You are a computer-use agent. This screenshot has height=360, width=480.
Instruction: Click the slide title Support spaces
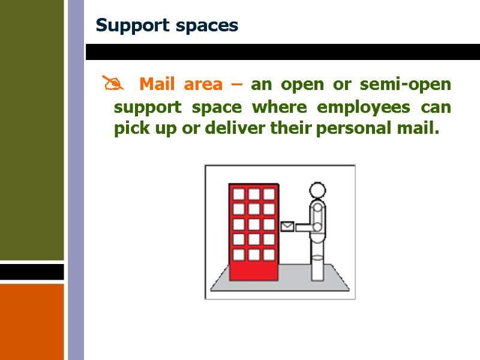pyautogui.click(x=167, y=26)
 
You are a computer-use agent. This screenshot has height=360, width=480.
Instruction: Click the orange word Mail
pyautogui.click(x=156, y=85)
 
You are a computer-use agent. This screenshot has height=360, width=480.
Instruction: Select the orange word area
pyautogui.click(x=203, y=85)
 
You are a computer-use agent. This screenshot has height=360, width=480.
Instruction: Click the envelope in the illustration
pyautogui.click(x=287, y=226)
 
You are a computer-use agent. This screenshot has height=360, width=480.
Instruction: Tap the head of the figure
pyautogui.click(x=317, y=191)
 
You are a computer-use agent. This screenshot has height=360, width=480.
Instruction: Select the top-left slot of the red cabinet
pyautogui.click(x=239, y=194)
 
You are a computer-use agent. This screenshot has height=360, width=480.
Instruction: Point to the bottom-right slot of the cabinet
pyautogui.click(x=268, y=254)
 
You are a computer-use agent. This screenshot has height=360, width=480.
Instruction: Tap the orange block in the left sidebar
pyautogui.click(x=32, y=321)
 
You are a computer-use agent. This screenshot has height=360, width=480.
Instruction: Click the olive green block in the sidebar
pyautogui.click(x=32, y=129)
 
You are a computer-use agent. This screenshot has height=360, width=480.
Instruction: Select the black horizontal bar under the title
pyautogui.click(x=282, y=52)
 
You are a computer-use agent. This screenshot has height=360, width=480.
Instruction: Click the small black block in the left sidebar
pyautogui.click(x=32, y=272)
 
